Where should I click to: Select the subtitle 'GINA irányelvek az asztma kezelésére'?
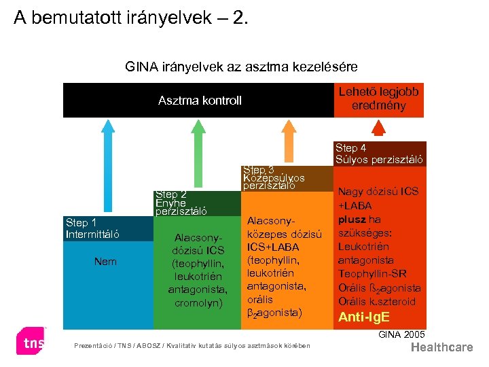(241, 67)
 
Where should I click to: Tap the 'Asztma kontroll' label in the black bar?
(200, 101)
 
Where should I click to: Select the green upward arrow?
(196, 153)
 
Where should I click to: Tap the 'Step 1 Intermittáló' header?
(92, 229)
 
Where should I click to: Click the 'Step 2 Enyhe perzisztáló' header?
(181, 203)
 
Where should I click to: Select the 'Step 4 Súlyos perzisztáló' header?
(380, 154)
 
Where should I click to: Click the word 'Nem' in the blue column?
(105, 261)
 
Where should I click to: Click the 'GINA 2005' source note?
(401, 334)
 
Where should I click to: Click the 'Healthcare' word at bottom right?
(442, 347)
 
